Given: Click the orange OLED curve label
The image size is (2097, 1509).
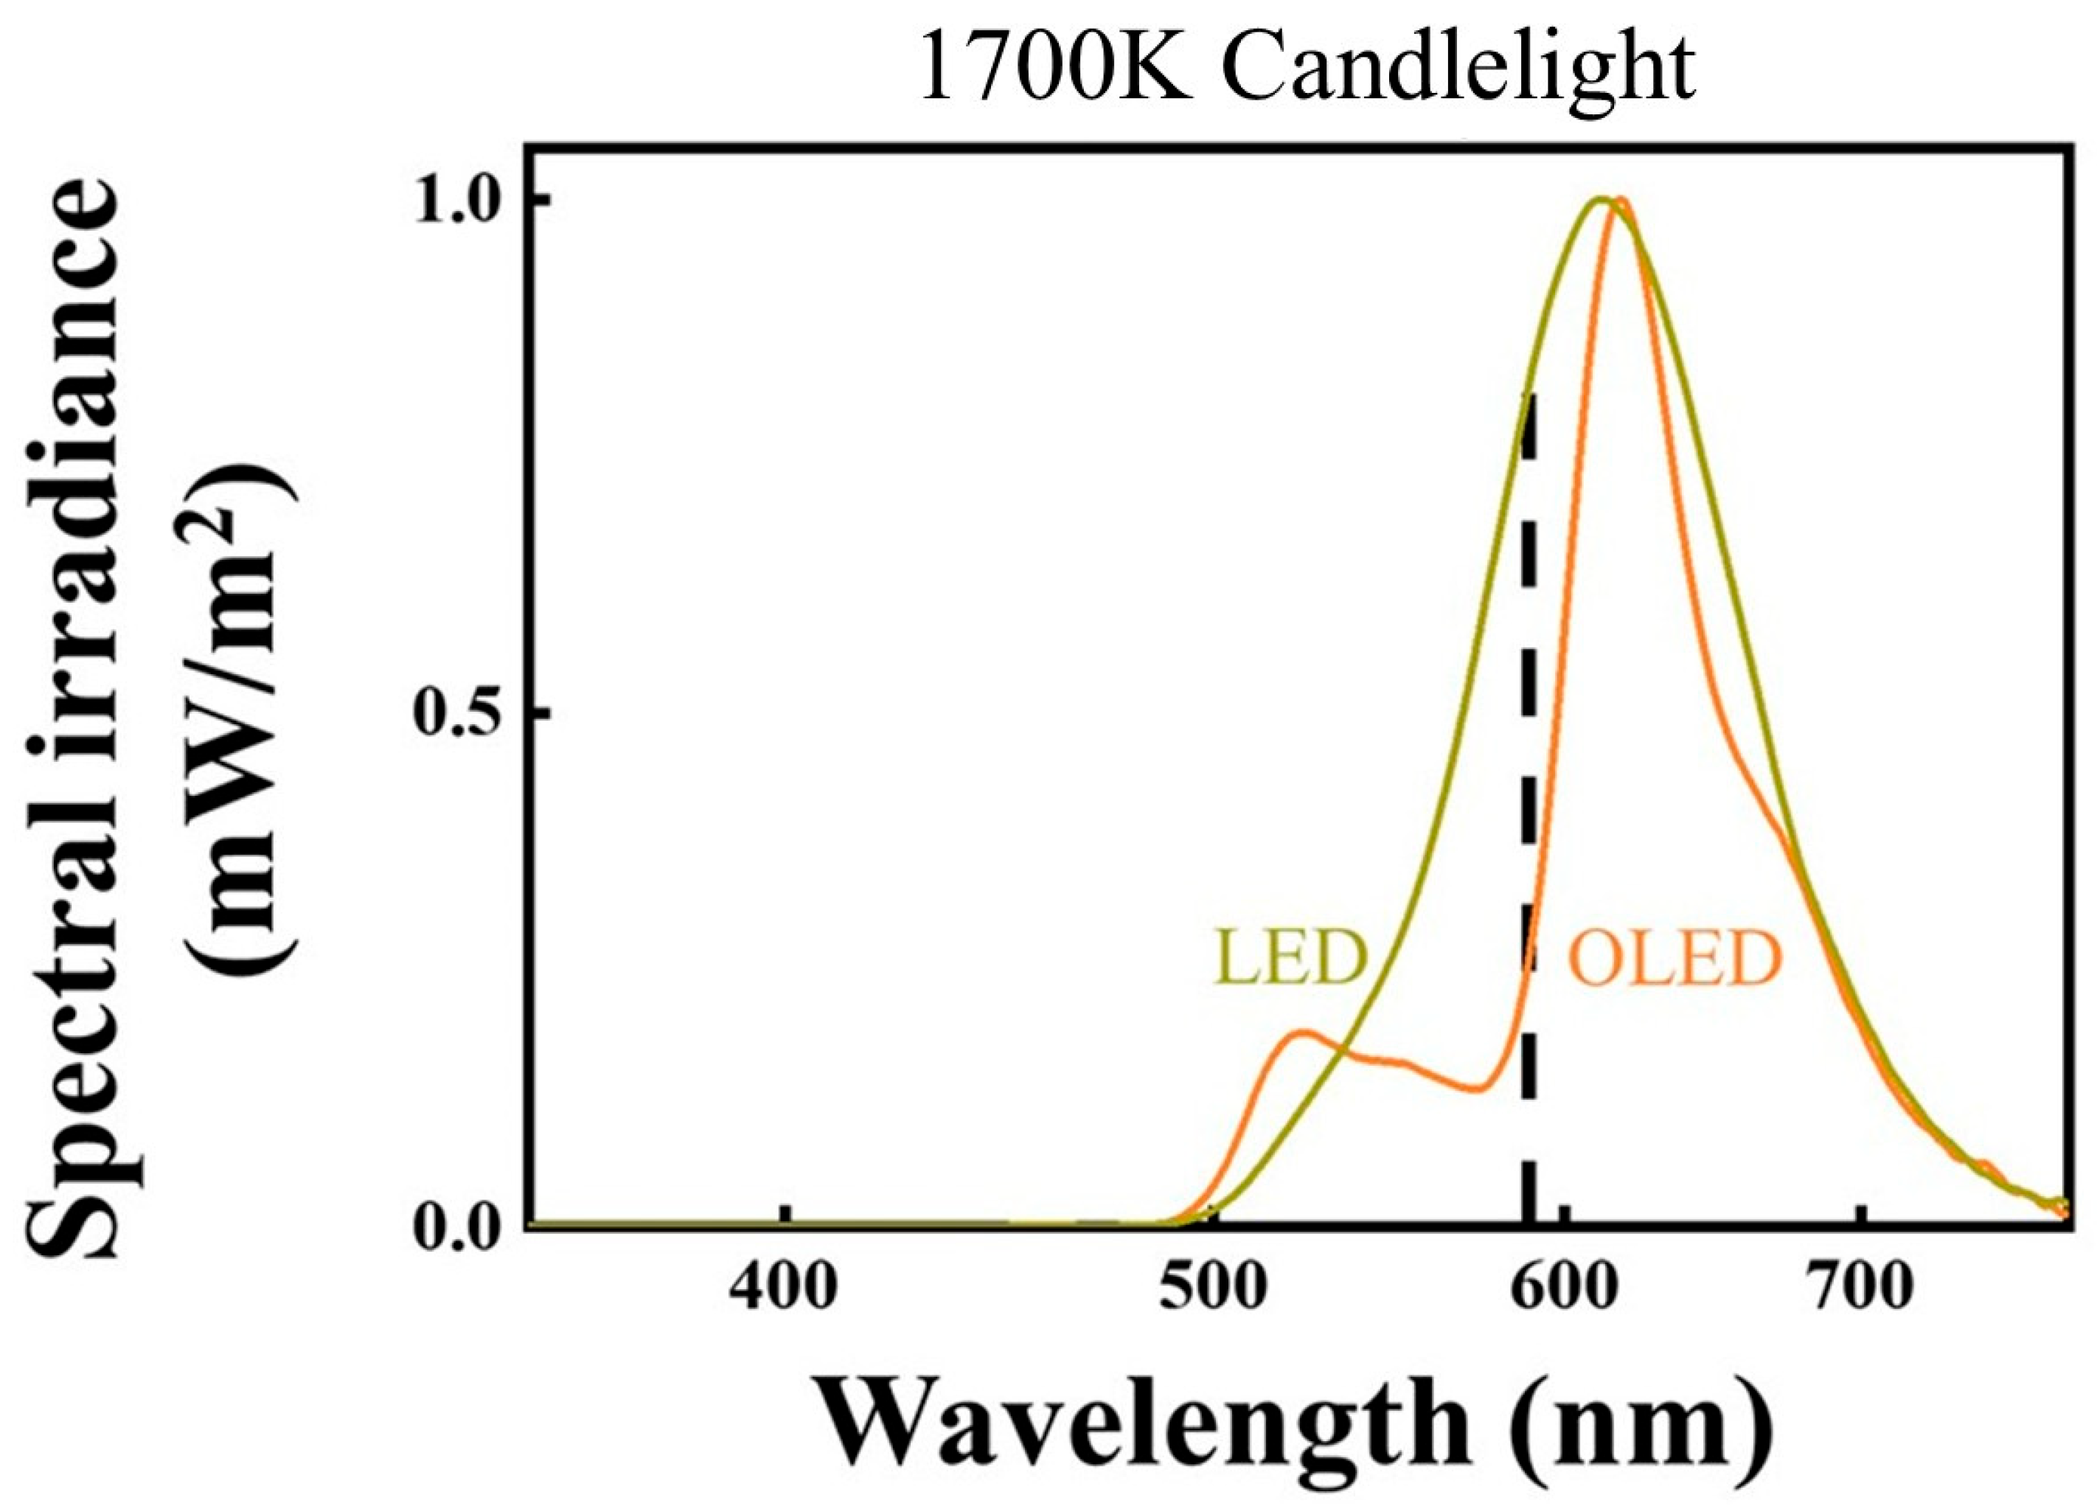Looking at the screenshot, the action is click(x=1675, y=959).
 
